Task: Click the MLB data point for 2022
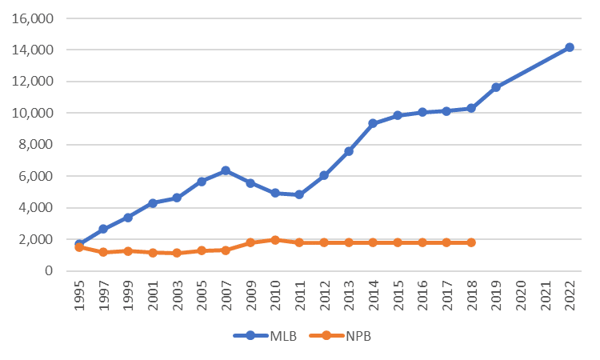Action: pos(570,47)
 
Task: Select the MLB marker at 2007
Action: pos(226,170)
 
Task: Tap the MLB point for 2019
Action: pos(496,86)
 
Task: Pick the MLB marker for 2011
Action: pos(299,194)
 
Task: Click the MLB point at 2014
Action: pos(373,123)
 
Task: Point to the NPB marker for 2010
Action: pos(274,240)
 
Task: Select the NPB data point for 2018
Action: pos(471,242)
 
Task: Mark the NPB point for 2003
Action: pos(177,253)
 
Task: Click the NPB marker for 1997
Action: pos(103,252)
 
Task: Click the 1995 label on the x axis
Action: pos(79,295)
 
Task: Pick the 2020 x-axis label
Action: pos(521,295)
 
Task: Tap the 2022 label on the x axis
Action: pos(570,295)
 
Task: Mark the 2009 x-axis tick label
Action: pos(250,295)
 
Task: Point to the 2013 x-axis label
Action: pos(349,295)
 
